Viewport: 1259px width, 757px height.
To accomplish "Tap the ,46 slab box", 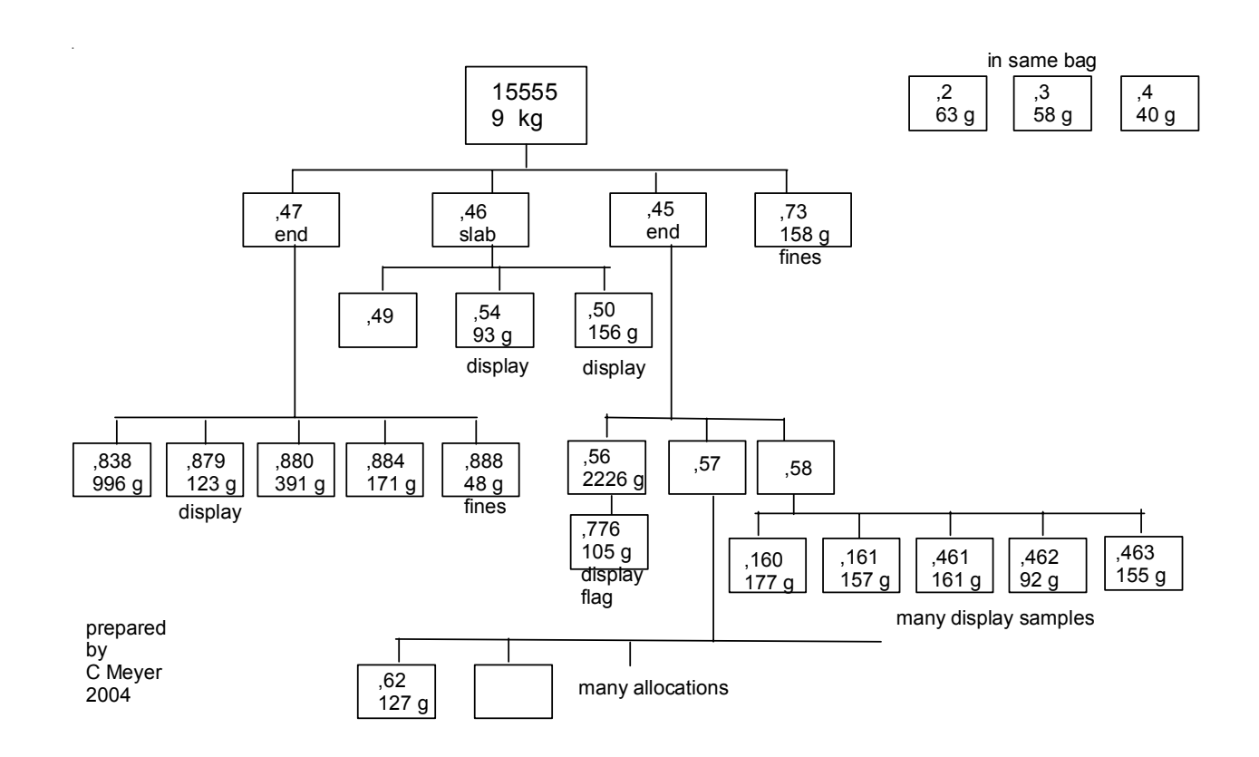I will click(x=490, y=220).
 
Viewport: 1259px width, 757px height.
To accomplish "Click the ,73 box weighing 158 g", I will click(x=803, y=220).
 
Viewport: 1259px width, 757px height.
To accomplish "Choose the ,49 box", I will click(x=378, y=320).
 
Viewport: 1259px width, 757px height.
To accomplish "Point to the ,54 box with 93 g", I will click(x=494, y=320).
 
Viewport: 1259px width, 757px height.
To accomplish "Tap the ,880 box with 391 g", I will click(x=294, y=469).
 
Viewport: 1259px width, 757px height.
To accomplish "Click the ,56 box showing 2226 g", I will click(x=606, y=467).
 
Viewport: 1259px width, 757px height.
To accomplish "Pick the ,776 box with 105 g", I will click(x=609, y=541).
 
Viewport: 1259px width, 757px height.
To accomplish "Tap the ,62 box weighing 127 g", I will click(x=396, y=691).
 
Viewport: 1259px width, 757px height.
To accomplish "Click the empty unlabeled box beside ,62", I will click(x=513, y=691).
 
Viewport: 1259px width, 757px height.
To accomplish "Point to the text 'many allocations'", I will click(x=654, y=687).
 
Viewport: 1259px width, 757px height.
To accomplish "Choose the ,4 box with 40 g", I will click(x=1160, y=104).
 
